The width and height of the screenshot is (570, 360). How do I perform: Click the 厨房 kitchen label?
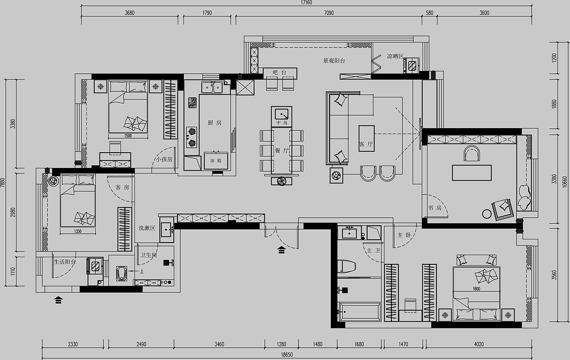(x=215, y=123)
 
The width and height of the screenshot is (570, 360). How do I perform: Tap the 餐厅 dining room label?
(x=282, y=150)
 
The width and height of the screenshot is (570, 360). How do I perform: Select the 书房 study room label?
(x=435, y=208)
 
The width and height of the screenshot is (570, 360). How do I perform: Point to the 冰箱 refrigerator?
(x=216, y=161)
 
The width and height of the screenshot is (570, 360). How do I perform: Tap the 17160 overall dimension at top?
(x=306, y=3)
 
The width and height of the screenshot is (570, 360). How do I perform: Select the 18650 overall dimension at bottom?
(x=287, y=355)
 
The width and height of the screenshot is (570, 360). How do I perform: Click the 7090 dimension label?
(x=329, y=13)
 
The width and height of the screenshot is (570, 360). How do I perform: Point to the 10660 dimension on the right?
(x=565, y=182)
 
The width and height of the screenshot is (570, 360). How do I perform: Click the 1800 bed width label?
(x=476, y=289)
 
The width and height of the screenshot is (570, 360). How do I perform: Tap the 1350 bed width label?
(x=77, y=231)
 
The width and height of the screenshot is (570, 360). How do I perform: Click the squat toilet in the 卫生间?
(x=122, y=274)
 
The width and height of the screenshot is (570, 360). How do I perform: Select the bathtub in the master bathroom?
(x=359, y=312)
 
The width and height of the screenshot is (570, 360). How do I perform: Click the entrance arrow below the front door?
(x=281, y=250)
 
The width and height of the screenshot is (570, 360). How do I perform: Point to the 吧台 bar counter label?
(x=280, y=73)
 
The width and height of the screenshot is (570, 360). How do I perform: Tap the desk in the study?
(x=472, y=173)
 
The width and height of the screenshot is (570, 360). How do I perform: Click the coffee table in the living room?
(x=366, y=138)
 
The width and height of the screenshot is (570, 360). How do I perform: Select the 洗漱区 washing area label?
(x=147, y=228)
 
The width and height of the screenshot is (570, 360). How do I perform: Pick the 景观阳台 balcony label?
(x=334, y=61)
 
